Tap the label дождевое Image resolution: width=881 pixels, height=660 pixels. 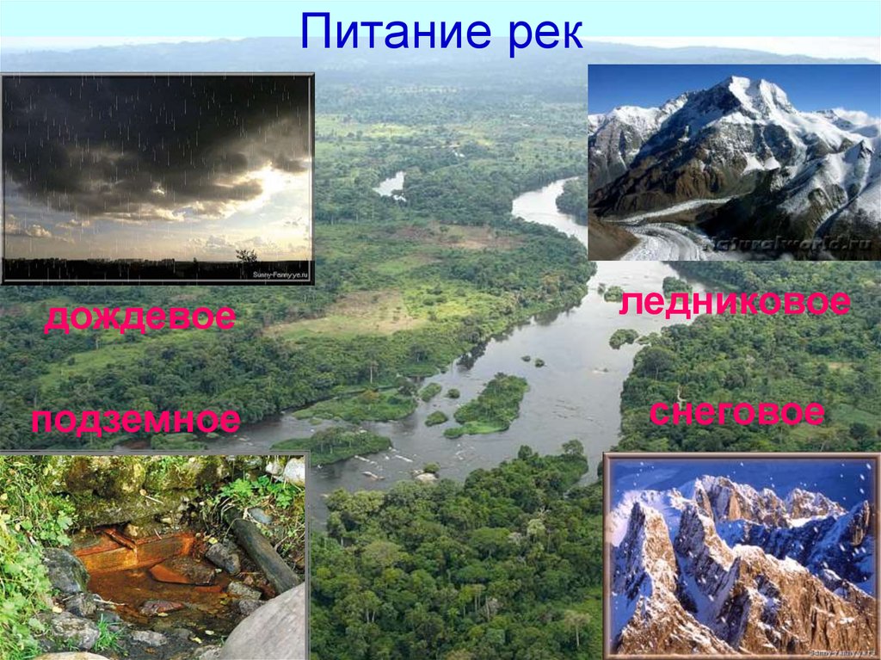click(139, 318)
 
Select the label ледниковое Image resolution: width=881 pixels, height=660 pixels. click(735, 303)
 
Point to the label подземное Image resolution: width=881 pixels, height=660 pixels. click(136, 421)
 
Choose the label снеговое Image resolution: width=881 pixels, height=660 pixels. click(736, 412)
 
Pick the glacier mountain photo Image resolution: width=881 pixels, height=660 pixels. click(734, 162)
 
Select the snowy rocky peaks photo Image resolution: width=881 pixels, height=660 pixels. click(741, 556)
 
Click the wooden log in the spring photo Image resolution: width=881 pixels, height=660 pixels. click(262, 551)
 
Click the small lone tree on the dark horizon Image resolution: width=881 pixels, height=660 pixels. click(247, 255)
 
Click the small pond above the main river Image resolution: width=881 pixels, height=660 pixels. click(391, 183)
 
